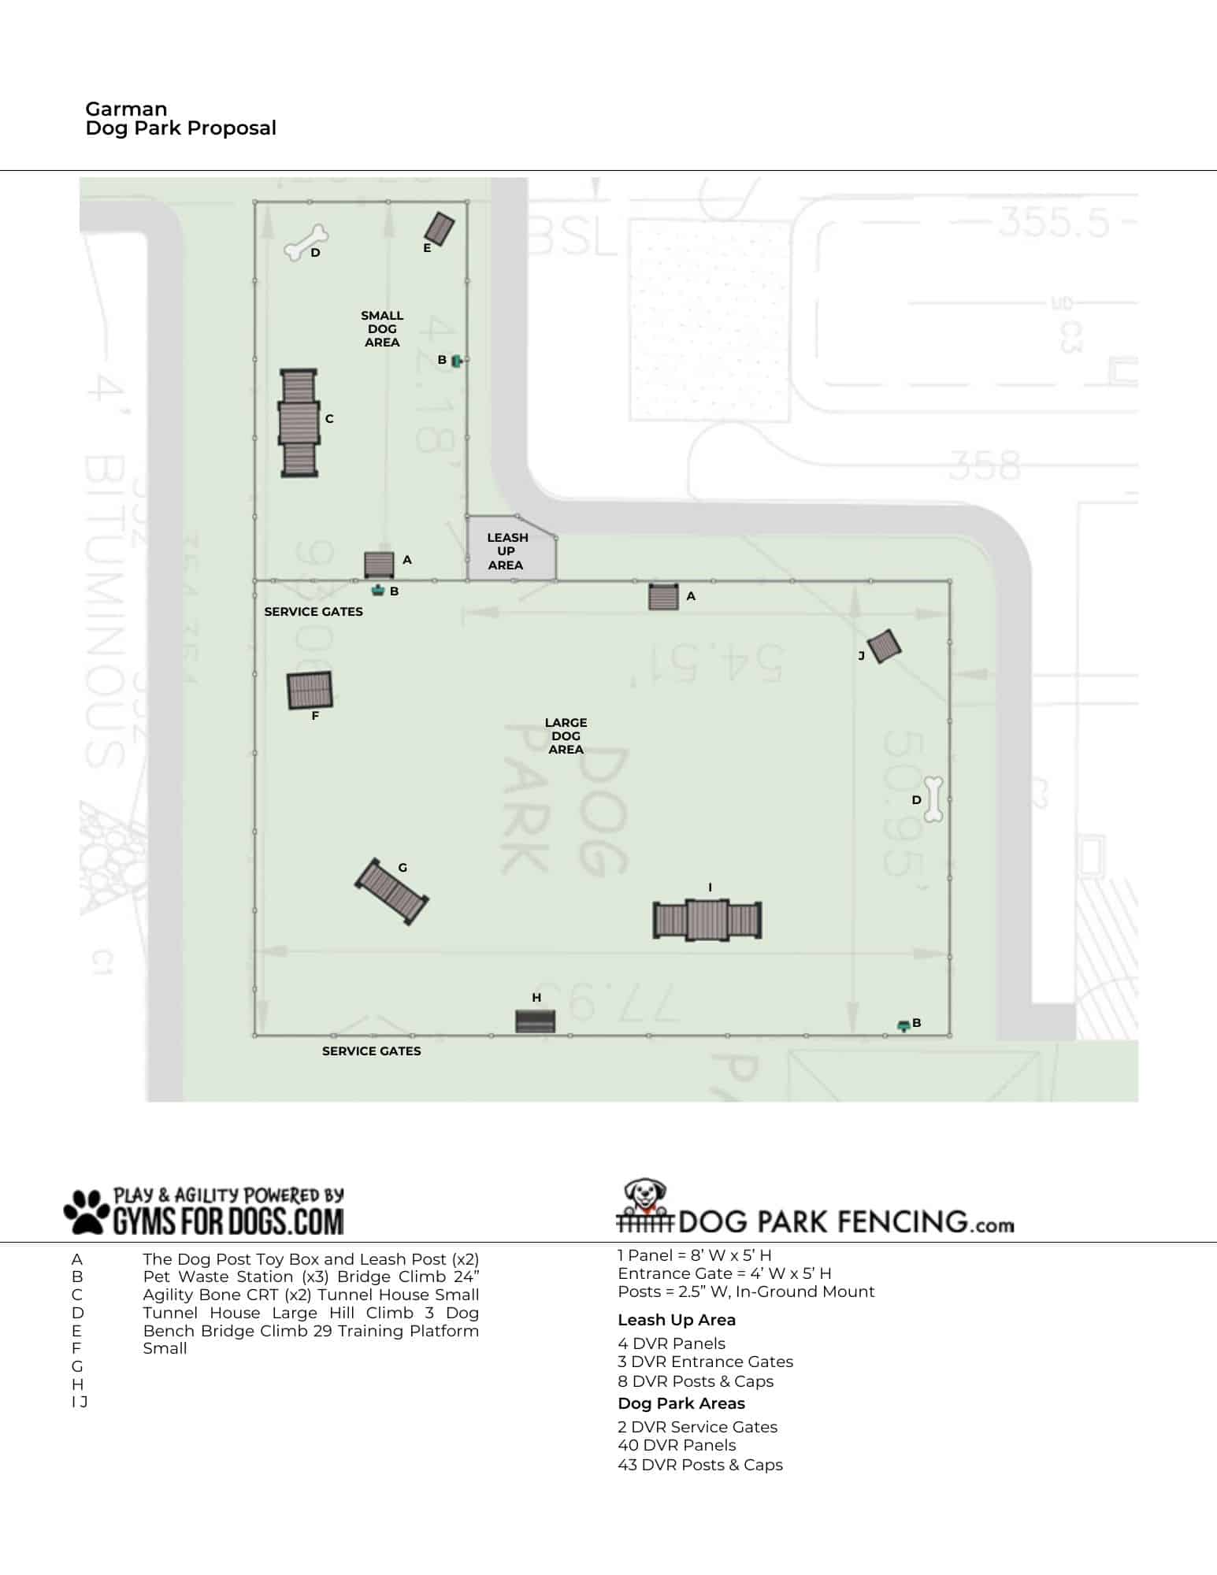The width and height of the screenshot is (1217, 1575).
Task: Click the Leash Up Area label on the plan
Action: point(506,551)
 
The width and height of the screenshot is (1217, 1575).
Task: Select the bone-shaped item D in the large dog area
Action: point(933,799)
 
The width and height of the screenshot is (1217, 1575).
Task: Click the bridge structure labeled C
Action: point(299,422)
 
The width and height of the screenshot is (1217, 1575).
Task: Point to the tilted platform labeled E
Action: point(440,228)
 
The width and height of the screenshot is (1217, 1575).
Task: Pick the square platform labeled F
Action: point(310,690)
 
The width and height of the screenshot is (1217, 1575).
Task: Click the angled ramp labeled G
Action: point(391,891)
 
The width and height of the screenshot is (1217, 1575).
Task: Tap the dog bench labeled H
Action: point(536,1021)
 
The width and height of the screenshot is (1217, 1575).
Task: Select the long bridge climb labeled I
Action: point(707,920)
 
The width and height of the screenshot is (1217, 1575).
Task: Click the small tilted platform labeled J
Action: point(884,646)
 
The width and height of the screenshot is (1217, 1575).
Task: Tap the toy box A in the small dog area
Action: point(379,564)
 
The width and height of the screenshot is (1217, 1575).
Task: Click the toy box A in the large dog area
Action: point(663,597)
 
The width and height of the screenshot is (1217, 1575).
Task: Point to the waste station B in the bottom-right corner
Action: point(903,1025)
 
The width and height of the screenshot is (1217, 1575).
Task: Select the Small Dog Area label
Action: point(382,328)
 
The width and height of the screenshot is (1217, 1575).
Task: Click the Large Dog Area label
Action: point(566,736)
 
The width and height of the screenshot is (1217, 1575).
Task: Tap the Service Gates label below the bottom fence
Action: point(371,1051)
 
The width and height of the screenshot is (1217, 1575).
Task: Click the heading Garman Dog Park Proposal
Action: point(180,119)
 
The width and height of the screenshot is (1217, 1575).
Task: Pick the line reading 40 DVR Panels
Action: point(677,1445)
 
